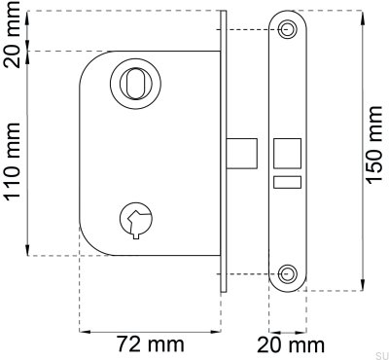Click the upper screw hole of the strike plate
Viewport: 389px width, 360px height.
point(288,31)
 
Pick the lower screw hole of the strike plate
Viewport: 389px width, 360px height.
point(288,271)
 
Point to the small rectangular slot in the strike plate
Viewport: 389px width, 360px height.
point(288,181)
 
